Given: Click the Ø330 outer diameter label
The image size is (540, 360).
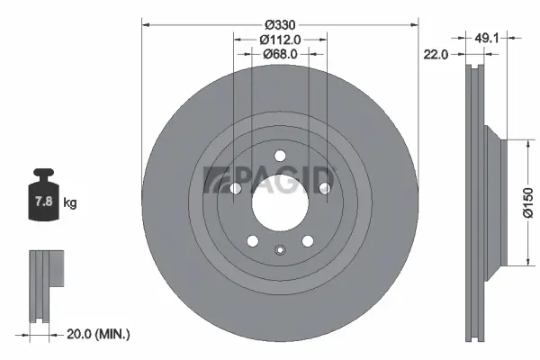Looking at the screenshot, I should [280, 22].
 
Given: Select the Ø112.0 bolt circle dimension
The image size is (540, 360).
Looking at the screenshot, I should [280, 40].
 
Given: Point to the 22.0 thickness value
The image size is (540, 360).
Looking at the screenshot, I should [436, 55].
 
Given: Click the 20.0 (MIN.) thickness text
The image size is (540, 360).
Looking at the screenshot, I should [99, 334].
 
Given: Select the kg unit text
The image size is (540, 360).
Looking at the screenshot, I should [70, 203].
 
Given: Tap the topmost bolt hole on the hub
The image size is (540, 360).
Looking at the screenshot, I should [280, 155].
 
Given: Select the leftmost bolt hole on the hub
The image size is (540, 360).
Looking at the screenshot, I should [236, 189].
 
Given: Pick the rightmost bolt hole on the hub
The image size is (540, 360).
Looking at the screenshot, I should [324, 189].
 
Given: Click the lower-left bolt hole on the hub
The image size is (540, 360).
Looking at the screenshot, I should [253, 240].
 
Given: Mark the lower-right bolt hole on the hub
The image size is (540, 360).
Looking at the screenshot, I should [307, 240].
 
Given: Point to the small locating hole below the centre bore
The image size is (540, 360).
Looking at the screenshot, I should [280, 251].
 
